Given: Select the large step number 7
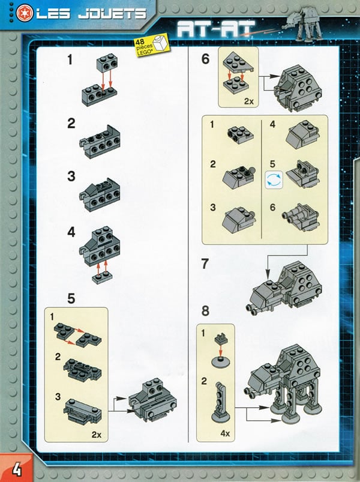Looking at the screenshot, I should (206, 265).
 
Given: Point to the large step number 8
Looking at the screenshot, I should (206, 312).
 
